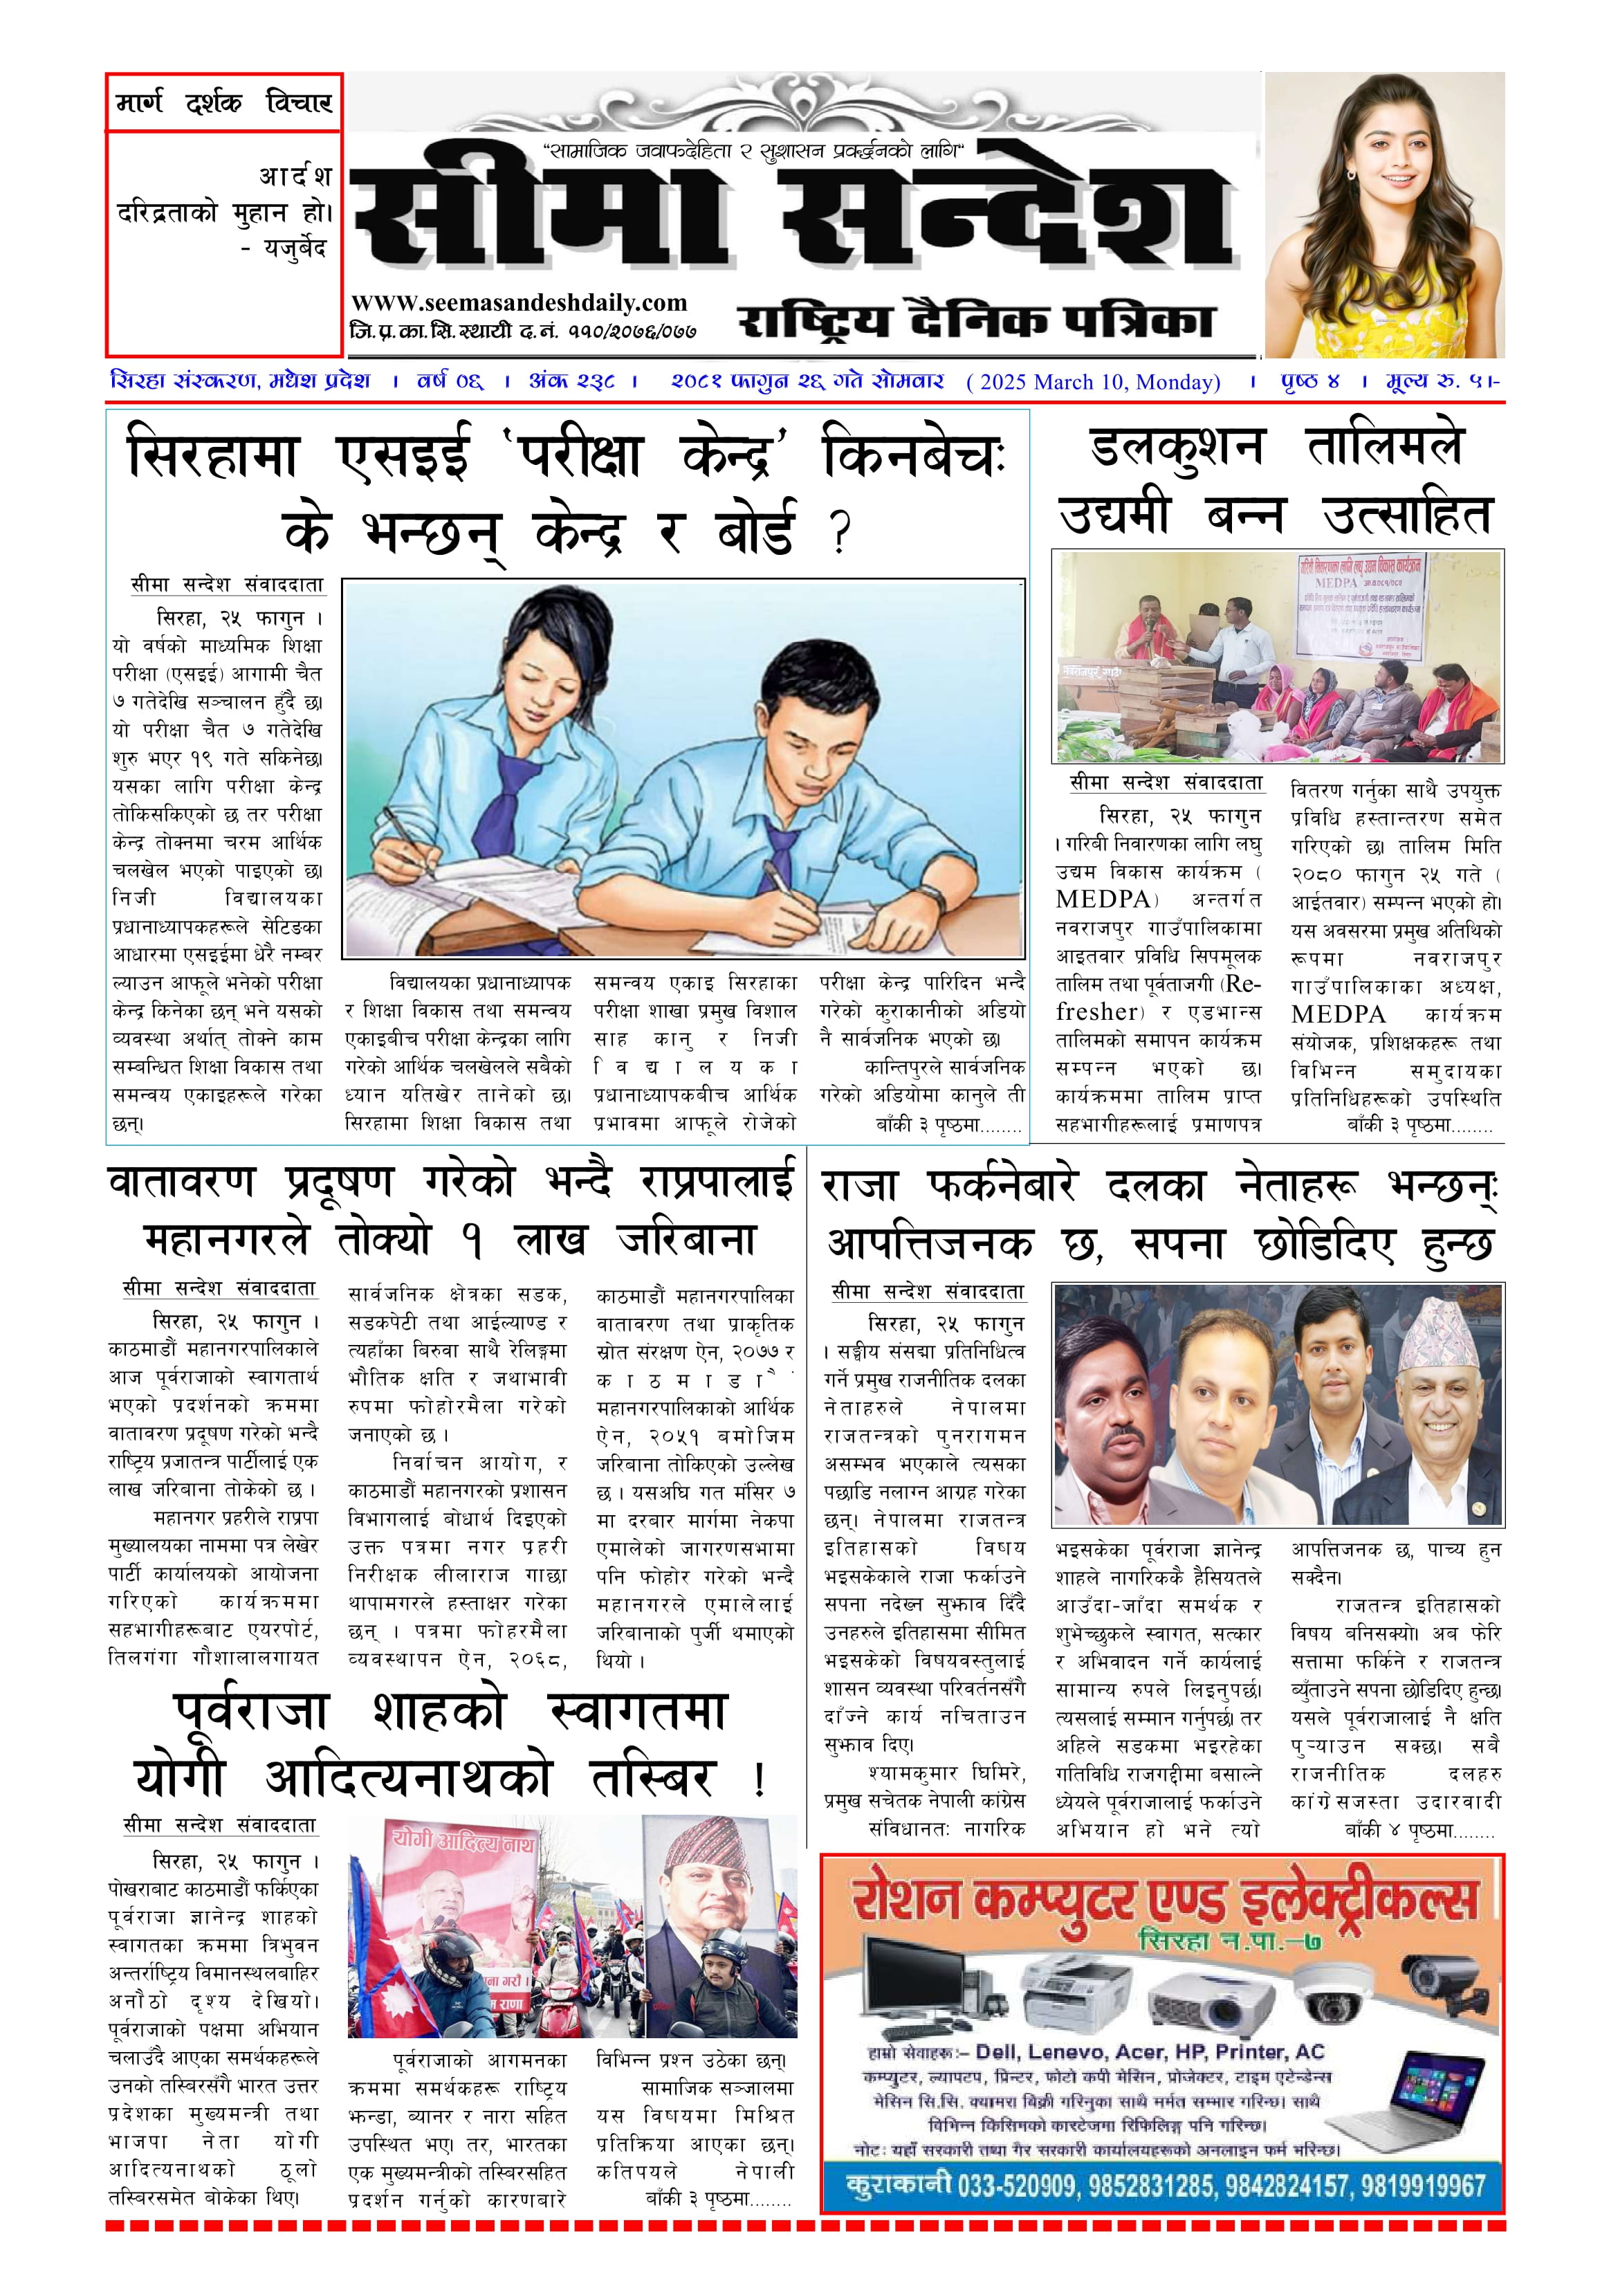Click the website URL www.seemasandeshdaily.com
point(518,303)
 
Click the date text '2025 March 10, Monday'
point(1093,382)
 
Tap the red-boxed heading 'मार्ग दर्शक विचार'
point(224,102)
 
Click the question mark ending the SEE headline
point(840,532)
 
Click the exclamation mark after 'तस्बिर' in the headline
point(759,1779)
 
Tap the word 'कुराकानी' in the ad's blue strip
point(899,2186)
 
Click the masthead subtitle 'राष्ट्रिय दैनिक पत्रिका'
point(975,321)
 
